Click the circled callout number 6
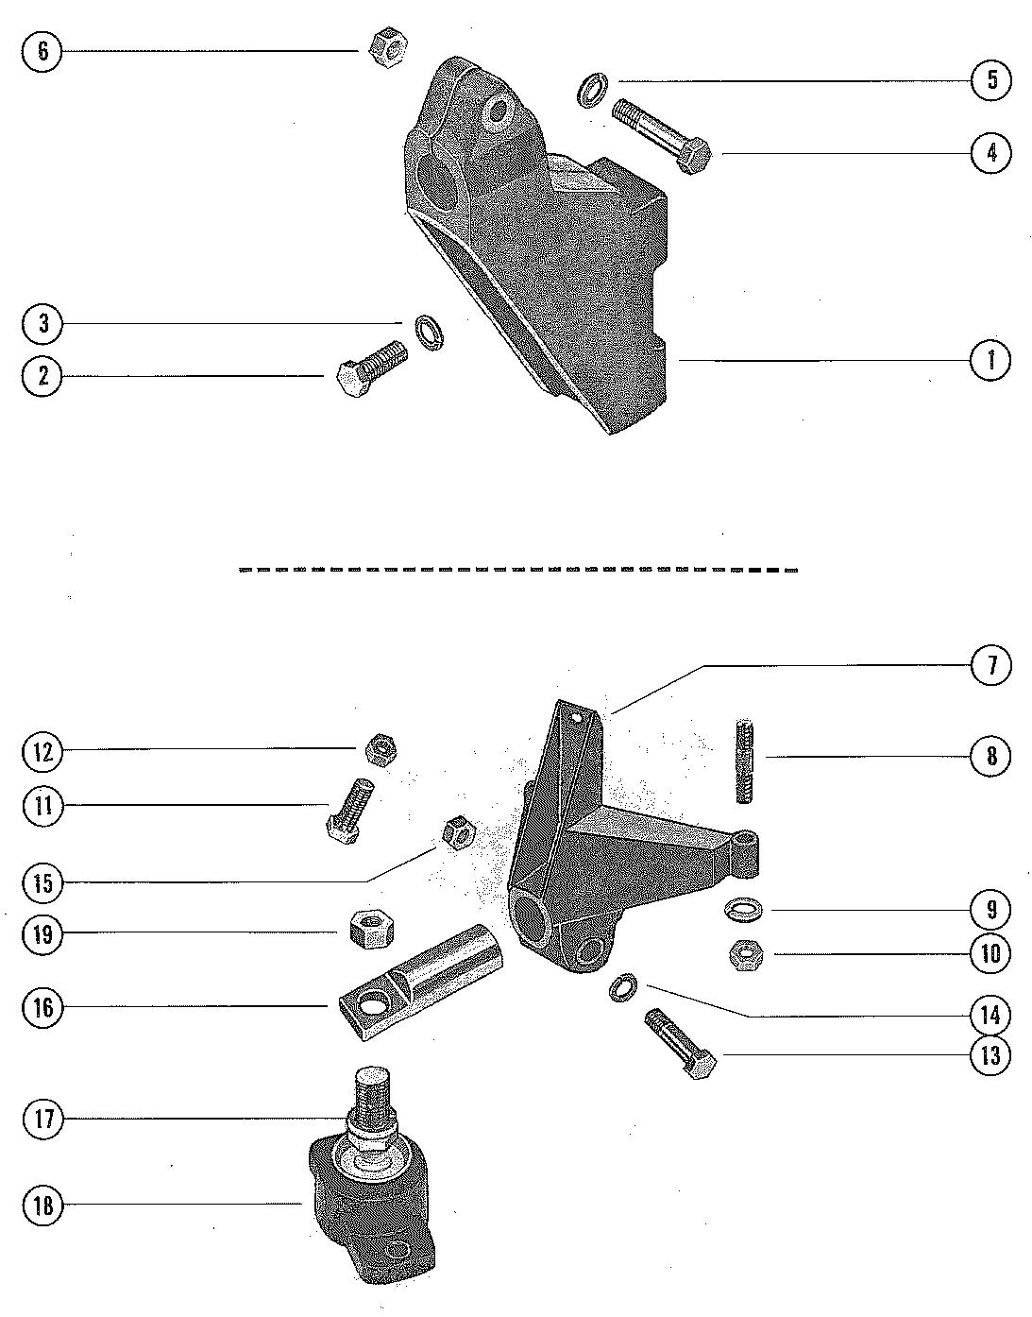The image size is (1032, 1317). click(x=42, y=50)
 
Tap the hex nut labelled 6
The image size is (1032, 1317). click(x=386, y=45)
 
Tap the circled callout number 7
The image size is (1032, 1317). click(x=991, y=665)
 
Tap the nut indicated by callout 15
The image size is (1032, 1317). click(x=457, y=833)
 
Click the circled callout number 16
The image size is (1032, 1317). click(x=42, y=1007)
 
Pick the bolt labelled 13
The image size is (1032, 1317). click(x=679, y=1046)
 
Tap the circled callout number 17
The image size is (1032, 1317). click(x=42, y=1120)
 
